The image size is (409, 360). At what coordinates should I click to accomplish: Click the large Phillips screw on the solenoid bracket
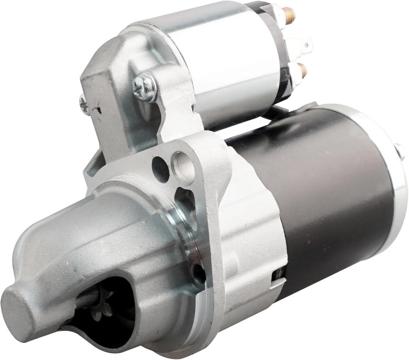coord(145,87)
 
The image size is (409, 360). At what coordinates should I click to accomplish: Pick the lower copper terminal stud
coord(302,70)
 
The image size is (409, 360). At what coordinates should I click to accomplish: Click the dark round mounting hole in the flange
coord(160,169)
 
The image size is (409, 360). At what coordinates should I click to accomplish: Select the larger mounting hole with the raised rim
coord(184,163)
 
